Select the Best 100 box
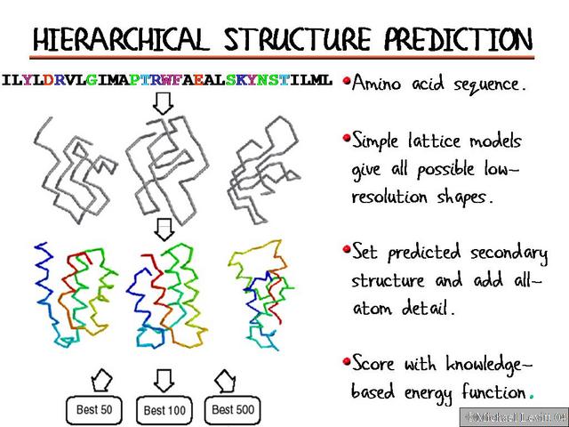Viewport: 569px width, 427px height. click(x=164, y=410)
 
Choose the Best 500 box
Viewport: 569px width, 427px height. click(x=232, y=409)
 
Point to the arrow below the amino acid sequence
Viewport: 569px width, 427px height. click(x=163, y=102)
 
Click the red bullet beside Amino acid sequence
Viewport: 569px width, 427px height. click(x=347, y=82)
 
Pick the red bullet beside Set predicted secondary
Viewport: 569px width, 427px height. click(x=347, y=249)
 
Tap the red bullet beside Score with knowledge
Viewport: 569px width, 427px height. click(x=347, y=360)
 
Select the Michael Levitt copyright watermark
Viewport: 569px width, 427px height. click(x=513, y=417)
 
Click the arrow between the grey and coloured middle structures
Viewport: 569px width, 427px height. click(x=163, y=230)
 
